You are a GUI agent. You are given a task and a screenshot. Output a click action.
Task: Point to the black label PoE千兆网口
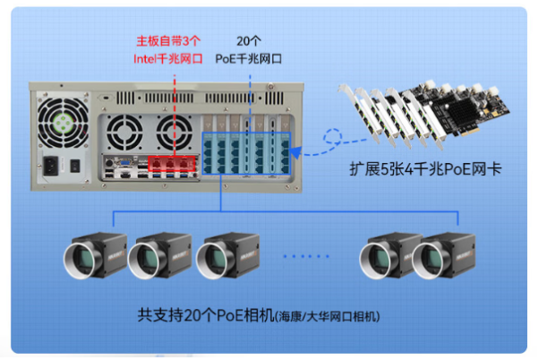[x=249, y=59]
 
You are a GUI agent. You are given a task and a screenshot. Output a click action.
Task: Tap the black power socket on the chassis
[x=51, y=166]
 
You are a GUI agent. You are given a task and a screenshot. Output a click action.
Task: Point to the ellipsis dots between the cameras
[x=307, y=256]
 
